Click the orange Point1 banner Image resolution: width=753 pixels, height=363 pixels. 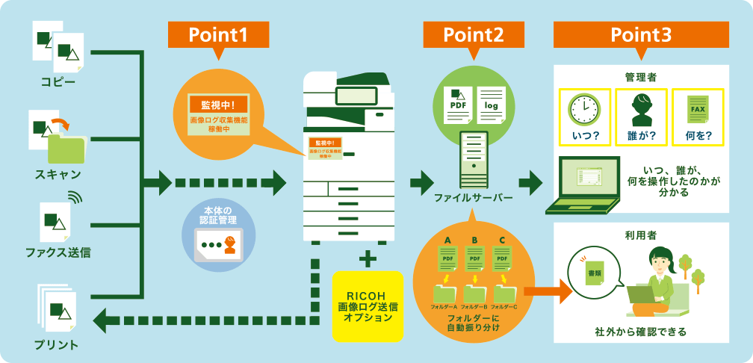click(217, 34)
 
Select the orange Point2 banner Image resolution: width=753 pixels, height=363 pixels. click(473, 34)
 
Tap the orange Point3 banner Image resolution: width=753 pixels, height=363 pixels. click(640, 34)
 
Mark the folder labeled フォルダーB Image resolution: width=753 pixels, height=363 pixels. click(474, 292)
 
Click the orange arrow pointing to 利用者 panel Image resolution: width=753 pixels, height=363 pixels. click(548, 291)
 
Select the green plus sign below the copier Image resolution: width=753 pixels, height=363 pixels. click(366, 258)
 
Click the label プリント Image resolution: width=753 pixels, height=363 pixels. click(56, 344)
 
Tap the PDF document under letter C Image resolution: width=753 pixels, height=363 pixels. click(502, 258)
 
